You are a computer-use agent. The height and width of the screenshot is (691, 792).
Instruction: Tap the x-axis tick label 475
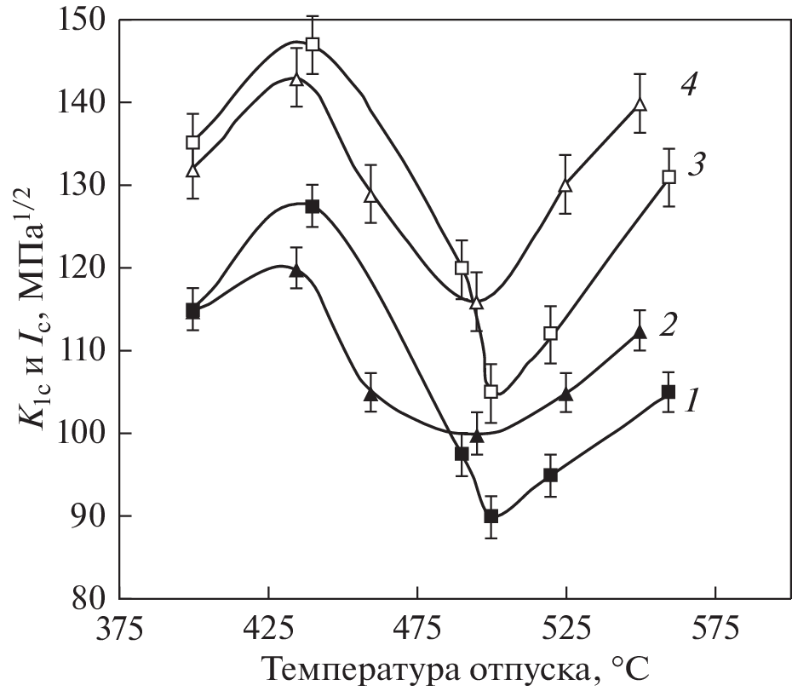(417, 633)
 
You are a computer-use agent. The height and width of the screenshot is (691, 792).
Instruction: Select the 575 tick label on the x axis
(715, 633)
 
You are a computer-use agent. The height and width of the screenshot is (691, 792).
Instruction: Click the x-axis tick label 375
(119, 633)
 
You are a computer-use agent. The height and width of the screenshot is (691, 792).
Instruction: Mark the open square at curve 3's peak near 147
(313, 44)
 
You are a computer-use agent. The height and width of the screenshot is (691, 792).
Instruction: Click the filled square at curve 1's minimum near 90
(491, 516)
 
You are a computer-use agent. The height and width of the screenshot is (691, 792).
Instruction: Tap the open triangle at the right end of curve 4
(640, 105)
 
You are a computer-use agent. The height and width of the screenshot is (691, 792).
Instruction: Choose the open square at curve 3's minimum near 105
(491, 392)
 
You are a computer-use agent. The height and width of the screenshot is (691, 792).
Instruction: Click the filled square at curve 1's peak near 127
(313, 206)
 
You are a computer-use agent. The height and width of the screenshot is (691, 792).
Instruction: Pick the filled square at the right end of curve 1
(669, 392)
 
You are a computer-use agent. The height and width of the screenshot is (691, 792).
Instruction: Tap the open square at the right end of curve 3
(669, 177)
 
